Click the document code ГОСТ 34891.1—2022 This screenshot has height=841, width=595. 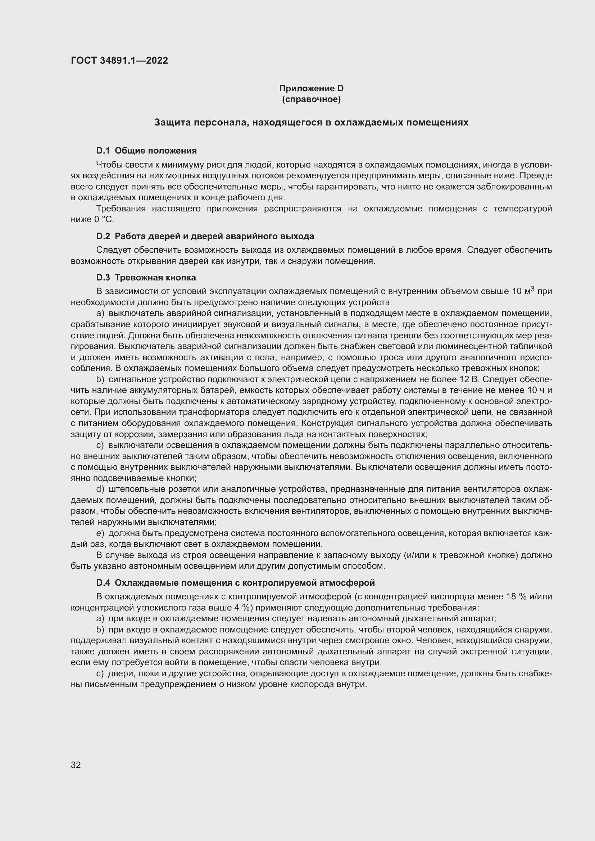point(119,60)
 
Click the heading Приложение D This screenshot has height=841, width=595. point(311,88)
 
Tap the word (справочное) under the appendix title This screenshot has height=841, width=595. point(311,99)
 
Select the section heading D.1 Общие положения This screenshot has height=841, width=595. point(146,151)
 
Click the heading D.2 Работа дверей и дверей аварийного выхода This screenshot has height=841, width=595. point(205,236)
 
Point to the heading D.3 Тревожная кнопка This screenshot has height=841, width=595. point(146,277)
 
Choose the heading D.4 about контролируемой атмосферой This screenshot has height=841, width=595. point(235,583)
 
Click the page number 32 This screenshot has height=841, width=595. point(76,765)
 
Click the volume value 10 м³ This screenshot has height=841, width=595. point(523,292)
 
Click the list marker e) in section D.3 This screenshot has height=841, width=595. point(100,533)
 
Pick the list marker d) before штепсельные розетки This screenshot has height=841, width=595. point(100,489)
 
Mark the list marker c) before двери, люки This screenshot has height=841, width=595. point(100,673)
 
